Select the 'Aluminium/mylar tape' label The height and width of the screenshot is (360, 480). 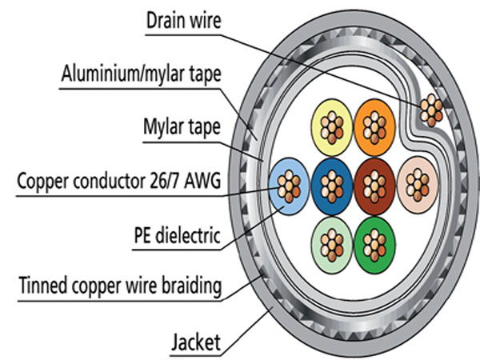pyautogui.click(x=141, y=74)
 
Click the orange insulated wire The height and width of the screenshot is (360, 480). pyautogui.click(x=370, y=125)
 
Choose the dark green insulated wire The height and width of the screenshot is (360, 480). pyautogui.click(x=371, y=238)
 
